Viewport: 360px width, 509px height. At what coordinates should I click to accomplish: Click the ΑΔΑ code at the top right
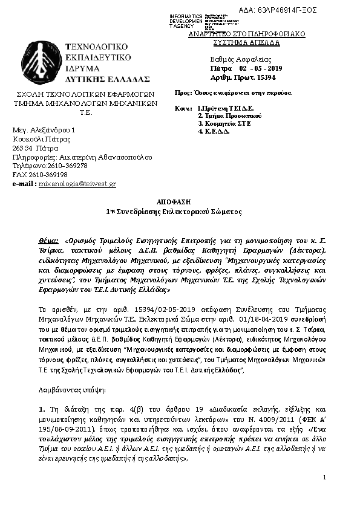286,10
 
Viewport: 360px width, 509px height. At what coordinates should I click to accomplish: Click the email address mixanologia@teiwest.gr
77,183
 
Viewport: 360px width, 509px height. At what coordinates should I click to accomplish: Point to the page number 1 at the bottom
325,478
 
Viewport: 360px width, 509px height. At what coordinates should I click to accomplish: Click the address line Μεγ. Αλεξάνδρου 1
44,131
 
